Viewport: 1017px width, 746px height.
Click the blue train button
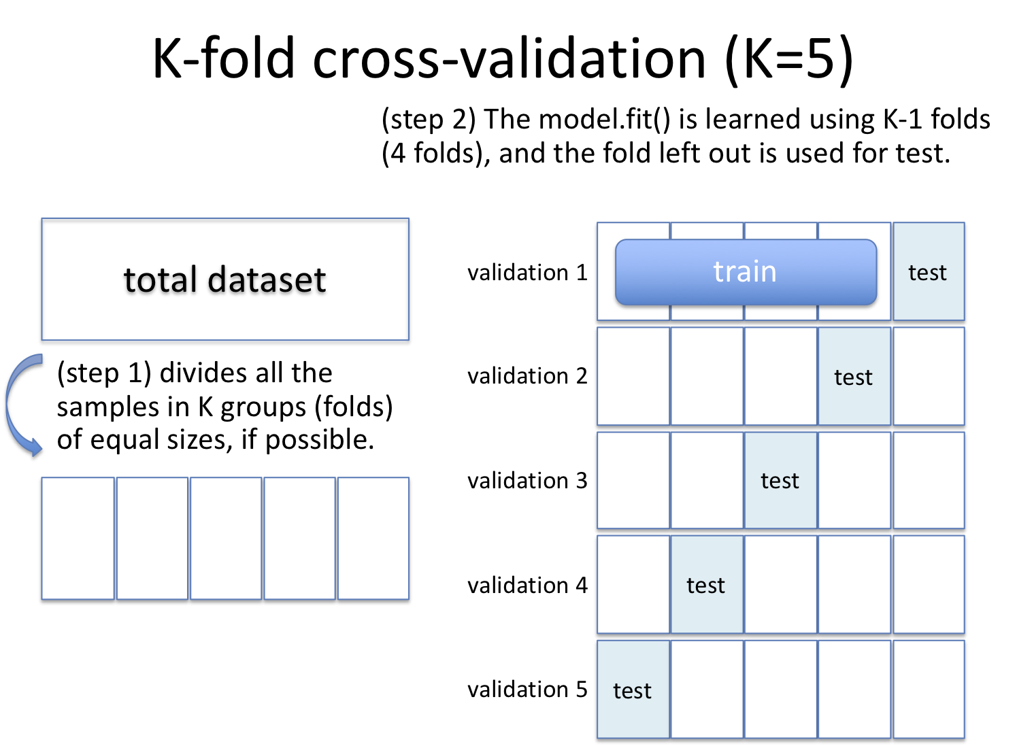746,272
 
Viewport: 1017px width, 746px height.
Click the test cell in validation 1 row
928,272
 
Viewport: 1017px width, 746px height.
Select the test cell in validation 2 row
854,377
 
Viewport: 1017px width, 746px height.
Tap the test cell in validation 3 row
780,481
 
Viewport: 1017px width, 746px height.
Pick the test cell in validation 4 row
706,585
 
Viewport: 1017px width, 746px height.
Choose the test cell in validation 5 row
633,690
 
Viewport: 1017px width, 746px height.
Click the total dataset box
225,279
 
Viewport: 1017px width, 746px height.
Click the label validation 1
527,273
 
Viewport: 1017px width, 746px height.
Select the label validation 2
527,376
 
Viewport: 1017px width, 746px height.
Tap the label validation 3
527,481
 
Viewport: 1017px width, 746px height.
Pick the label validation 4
527,585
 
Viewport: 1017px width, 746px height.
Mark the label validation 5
527,690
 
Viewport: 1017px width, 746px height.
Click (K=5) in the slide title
788,59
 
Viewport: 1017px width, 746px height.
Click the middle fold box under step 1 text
226,539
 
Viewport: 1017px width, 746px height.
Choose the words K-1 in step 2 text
903,120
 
